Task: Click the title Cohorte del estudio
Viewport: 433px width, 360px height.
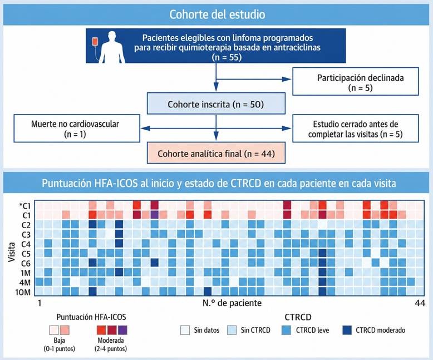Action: (x=217, y=14)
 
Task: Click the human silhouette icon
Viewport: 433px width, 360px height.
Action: (x=112, y=47)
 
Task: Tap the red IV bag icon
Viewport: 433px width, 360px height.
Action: (x=95, y=42)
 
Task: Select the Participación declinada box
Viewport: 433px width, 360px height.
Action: (x=356, y=81)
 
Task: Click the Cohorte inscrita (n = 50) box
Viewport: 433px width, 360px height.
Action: (x=216, y=103)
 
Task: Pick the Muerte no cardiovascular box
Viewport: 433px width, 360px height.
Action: (x=77, y=129)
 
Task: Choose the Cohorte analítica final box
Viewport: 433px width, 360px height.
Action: (x=216, y=153)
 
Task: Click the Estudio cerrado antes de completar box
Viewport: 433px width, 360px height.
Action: (x=356, y=129)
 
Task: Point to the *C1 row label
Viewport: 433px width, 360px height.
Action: (x=25, y=206)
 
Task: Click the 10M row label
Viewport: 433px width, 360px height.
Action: (x=23, y=292)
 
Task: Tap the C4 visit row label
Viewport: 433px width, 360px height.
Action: (x=26, y=244)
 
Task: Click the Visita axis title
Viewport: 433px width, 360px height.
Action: (x=12, y=252)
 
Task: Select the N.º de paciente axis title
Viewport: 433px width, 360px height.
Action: (x=232, y=303)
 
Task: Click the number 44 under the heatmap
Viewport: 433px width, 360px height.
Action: (x=420, y=303)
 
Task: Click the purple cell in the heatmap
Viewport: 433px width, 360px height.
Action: (x=154, y=215)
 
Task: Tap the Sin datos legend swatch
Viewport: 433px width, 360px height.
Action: (x=185, y=330)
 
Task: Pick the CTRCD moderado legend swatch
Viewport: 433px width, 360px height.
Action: (x=347, y=330)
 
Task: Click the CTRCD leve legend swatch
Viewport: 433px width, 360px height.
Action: (x=287, y=330)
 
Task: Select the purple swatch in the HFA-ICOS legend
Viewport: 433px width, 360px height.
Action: (x=122, y=330)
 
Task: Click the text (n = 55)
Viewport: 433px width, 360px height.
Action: (x=227, y=57)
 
